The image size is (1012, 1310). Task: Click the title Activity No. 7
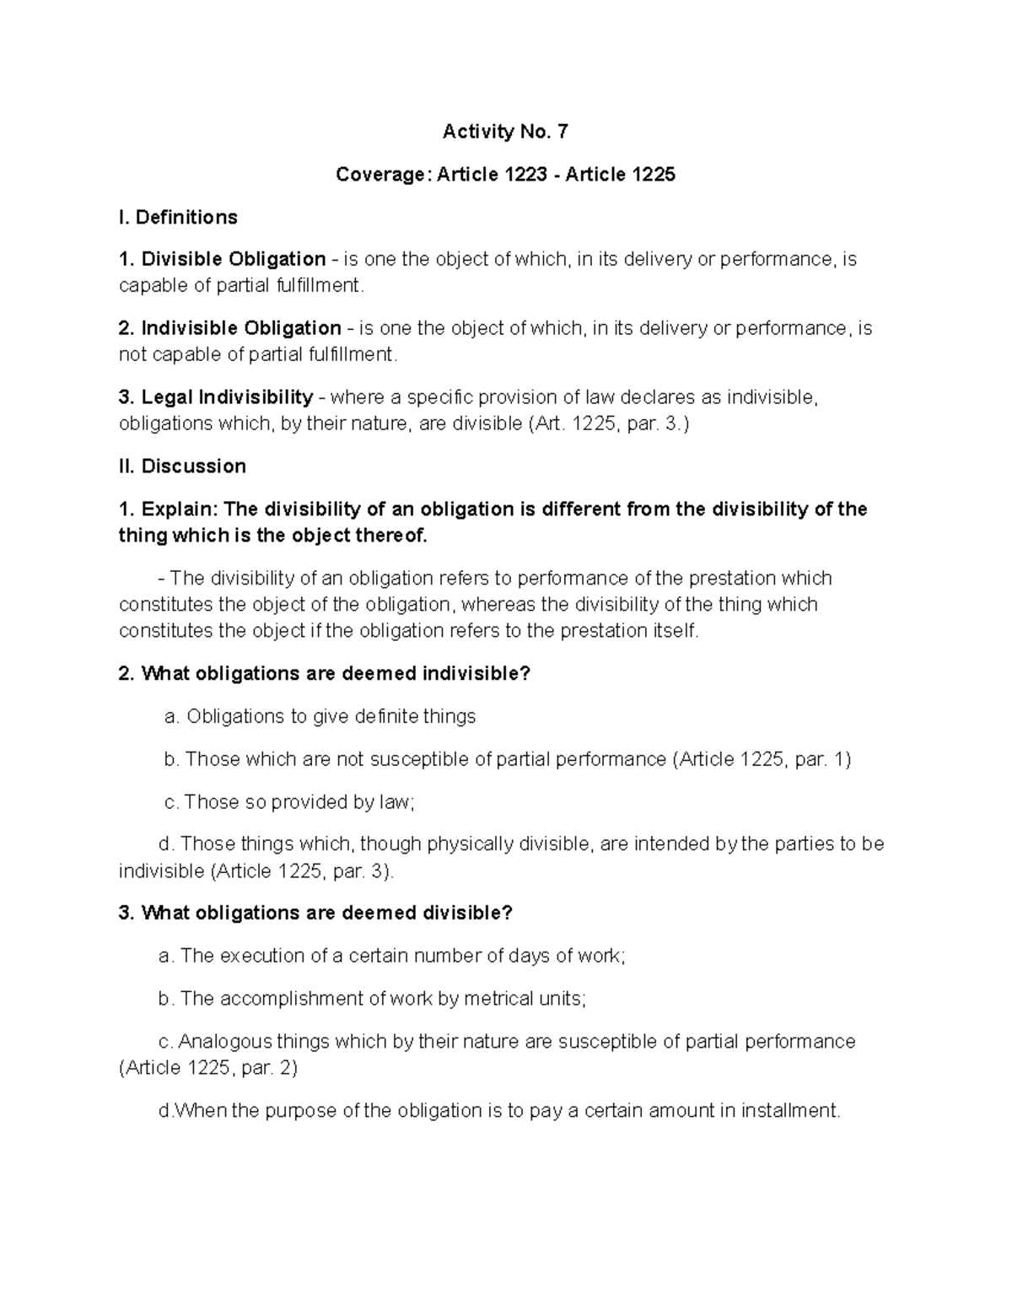pos(505,132)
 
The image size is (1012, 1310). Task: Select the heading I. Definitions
pos(178,218)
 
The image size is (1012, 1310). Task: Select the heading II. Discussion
pos(182,466)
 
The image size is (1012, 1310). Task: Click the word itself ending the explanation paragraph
pos(674,630)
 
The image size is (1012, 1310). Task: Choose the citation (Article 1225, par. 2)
pos(208,1068)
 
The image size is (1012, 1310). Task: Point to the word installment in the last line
pos(790,1110)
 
